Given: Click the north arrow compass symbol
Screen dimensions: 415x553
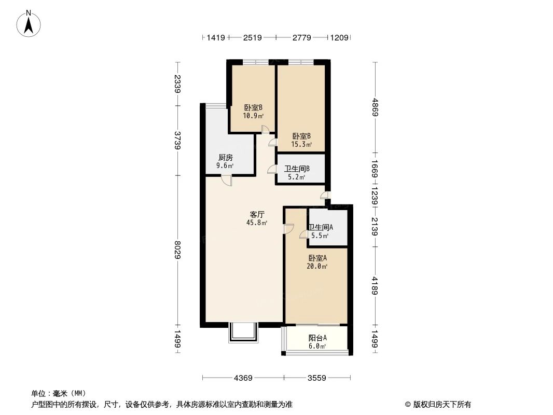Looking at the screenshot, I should tap(29, 23).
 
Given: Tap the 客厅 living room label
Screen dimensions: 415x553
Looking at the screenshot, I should tap(257, 214).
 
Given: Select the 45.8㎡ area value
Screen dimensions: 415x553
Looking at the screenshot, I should tap(257, 223).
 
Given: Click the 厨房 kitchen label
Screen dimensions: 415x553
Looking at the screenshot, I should tap(225, 157).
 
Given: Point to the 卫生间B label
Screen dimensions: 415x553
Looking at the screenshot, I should tap(297, 169).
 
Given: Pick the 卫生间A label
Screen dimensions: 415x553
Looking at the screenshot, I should tap(321, 227).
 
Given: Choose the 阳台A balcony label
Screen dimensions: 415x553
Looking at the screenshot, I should tap(317, 338).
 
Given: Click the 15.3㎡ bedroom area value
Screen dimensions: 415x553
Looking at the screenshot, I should tap(301, 145).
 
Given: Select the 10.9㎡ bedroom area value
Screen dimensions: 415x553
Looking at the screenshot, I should tap(253, 116).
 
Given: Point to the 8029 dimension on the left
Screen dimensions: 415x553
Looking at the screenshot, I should tap(178, 251).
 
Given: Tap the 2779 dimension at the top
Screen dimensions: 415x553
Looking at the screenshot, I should tap(301, 37).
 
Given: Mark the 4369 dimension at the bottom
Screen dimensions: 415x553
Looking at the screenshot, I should tap(243, 378).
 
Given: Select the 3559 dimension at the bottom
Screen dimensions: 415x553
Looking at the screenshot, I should tap(316, 378).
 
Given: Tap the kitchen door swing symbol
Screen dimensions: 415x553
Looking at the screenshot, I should tap(226, 180).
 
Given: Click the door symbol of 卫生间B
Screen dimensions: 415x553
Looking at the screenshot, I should tap(271, 169).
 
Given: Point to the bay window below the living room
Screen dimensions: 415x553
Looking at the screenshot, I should tap(242, 333).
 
